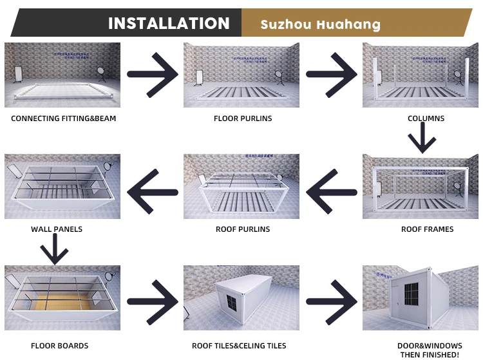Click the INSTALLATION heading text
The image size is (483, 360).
[169, 24]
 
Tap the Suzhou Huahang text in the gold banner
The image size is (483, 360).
[320, 25]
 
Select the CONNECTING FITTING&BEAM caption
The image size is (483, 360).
[64, 118]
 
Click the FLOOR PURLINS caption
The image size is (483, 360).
[243, 118]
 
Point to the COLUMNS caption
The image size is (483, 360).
[426, 118]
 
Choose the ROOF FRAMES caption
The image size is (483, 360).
[427, 229]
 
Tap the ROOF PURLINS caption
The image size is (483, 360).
[243, 229]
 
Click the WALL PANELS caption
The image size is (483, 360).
[57, 229]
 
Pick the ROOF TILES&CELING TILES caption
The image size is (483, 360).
[239, 346]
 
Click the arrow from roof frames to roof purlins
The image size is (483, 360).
[331, 191]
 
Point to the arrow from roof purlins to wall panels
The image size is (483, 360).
[152, 191]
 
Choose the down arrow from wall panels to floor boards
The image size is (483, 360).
[55, 250]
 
